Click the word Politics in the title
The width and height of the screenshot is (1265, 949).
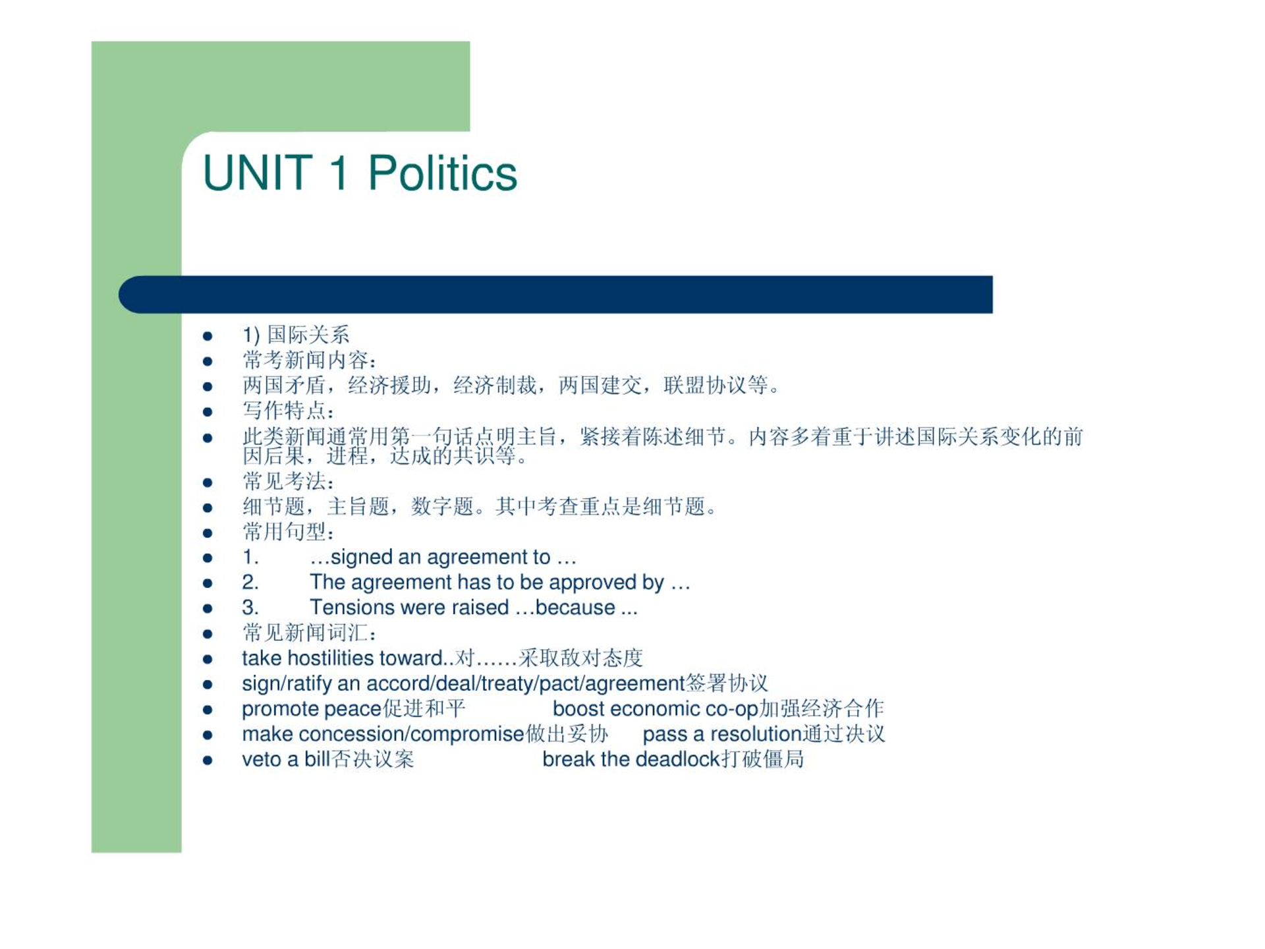442,173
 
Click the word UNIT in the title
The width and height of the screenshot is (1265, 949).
258,173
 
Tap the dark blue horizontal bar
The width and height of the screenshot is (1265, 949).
555,294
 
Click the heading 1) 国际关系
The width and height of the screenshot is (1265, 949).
296,335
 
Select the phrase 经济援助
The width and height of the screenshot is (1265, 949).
389,385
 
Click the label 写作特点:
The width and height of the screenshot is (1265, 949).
289,411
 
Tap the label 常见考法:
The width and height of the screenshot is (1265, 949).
289,482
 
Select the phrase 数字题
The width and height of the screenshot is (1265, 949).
442,507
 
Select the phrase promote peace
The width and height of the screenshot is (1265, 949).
312,710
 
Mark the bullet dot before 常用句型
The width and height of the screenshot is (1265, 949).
208,533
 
